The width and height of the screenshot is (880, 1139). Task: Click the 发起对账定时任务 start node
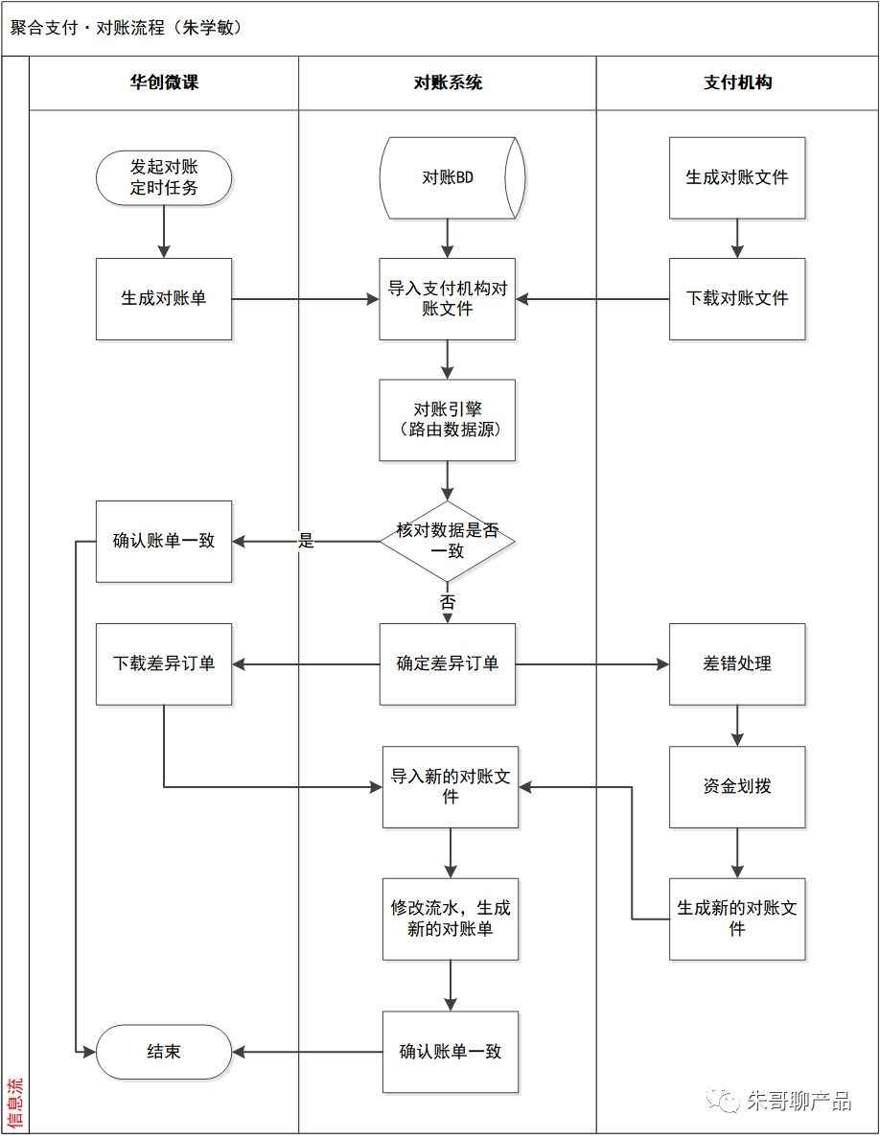tap(164, 178)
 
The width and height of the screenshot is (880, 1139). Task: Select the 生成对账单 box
tap(164, 299)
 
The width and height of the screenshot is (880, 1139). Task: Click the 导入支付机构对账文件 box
tap(448, 299)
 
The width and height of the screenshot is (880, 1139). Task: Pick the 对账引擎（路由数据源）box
tap(448, 420)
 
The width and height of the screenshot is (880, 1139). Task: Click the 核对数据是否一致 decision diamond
tap(448, 542)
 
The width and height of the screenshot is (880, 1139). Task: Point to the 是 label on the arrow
tap(306, 542)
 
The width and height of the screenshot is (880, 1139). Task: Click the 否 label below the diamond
tap(448, 603)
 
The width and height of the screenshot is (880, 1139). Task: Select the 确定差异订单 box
tap(448, 664)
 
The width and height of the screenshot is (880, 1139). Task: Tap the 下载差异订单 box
tap(164, 664)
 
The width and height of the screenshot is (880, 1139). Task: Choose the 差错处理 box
tap(737, 664)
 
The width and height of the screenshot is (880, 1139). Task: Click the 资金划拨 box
tap(737, 787)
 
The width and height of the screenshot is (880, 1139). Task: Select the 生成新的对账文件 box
tap(737, 918)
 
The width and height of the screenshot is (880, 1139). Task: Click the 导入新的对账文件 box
tap(451, 787)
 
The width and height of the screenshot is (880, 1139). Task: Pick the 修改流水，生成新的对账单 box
tap(451, 918)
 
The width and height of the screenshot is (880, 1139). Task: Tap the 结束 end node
tap(164, 1052)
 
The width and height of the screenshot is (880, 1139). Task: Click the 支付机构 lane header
tap(737, 82)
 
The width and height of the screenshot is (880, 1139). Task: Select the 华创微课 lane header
tap(164, 82)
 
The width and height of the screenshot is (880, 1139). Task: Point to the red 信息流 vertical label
tap(15, 1103)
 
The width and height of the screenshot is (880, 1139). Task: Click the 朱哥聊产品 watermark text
tap(798, 1101)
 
